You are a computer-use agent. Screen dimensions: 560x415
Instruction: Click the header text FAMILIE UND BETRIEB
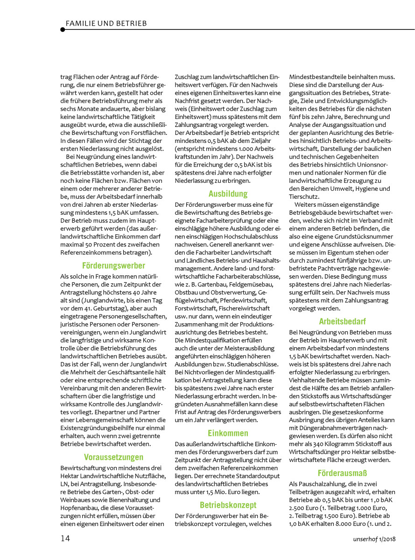click(106, 23)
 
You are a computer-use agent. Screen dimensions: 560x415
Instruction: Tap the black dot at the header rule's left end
click(63, 29)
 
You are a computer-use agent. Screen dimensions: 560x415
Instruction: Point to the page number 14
click(65, 538)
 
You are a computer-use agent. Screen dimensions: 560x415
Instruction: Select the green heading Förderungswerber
click(113, 266)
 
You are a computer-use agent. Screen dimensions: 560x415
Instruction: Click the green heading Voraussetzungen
click(113, 457)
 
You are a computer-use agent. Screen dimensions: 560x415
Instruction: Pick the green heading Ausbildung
click(228, 193)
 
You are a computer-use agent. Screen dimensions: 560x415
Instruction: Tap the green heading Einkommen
click(228, 432)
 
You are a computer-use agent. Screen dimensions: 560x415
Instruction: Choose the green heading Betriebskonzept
click(228, 505)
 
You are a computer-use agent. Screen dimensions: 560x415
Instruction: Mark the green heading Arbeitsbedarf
click(342, 322)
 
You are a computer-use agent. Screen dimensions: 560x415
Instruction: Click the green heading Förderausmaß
click(342, 473)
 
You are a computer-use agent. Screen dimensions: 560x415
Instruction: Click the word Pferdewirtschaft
click(242, 300)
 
